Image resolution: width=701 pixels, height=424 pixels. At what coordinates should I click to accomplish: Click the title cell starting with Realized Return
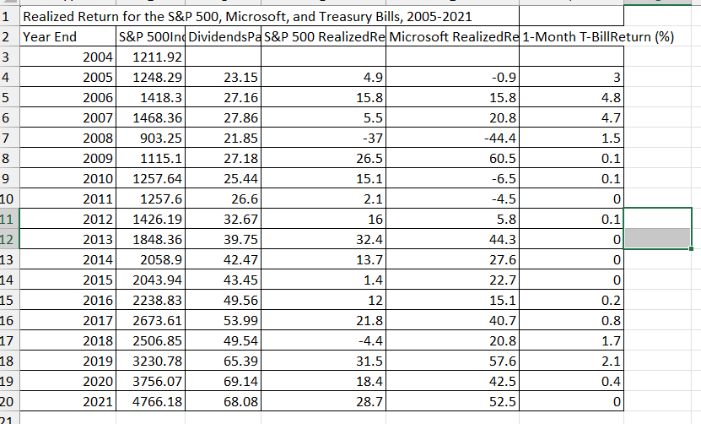tap(245, 16)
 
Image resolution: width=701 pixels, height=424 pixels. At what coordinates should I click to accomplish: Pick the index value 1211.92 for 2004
tap(158, 57)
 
